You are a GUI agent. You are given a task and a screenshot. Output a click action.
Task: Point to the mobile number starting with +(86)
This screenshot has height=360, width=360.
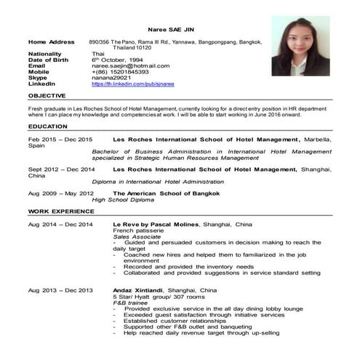click(x=120, y=72)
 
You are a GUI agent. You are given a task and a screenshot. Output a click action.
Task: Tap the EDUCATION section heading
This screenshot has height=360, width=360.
click(x=47, y=127)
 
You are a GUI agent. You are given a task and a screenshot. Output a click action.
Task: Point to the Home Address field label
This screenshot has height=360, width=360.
click(x=51, y=41)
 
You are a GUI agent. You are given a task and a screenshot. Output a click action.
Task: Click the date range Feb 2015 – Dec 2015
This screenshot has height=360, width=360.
click(x=60, y=139)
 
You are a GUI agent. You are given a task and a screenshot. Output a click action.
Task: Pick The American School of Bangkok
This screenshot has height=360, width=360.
click(x=161, y=193)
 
